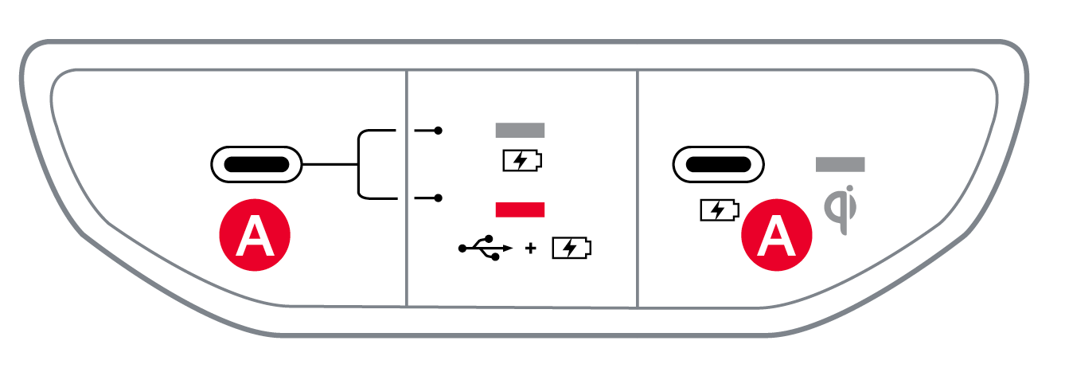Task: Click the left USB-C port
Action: tap(256, 165)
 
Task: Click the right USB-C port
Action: tap(718, 165)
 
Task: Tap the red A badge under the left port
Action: tap(256, 234)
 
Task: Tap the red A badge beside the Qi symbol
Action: tap(777, 234)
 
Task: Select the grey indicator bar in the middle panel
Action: tap(520, 130)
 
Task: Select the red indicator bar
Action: tap(520, 209)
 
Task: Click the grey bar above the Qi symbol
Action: tap(840, 165)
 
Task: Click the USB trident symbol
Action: tap(484, 249)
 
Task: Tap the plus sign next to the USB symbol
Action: tap(531, 249)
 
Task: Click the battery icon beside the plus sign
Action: tap(572, 249)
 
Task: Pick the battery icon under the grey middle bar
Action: tap(521, 162)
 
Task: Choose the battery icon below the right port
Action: tap(719, 210)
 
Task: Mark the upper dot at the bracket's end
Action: tap(439, 130)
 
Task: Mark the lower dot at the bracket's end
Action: tap(439, 198)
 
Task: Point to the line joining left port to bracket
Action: tap(330, 165)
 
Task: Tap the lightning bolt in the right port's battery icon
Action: tap(717, 210)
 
